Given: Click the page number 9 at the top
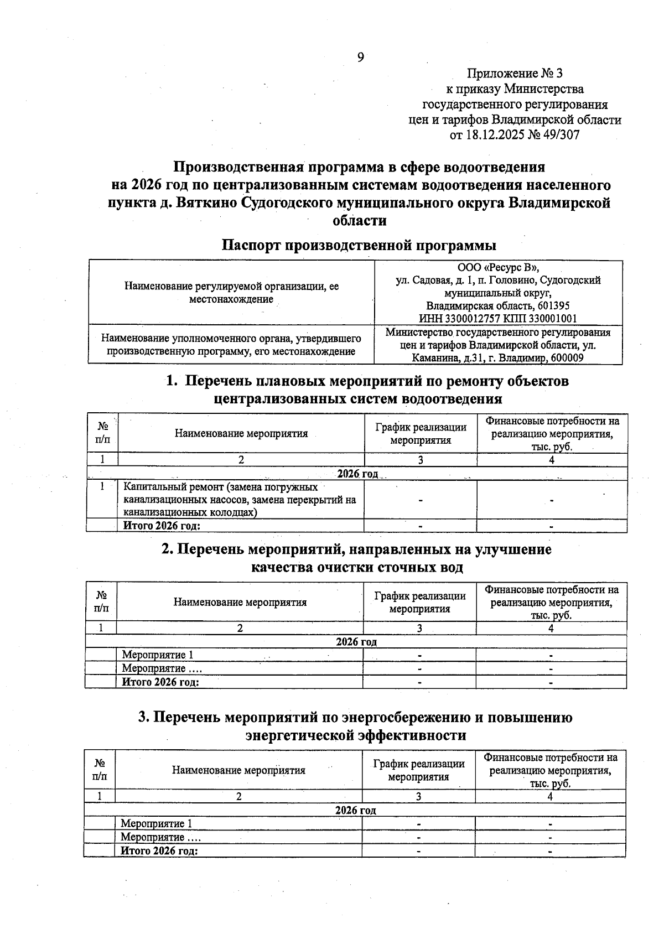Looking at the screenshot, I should [x=360, y=57].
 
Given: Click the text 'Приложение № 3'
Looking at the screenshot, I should [x=515, y=74].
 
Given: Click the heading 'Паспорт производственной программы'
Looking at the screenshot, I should [x=359, y=245].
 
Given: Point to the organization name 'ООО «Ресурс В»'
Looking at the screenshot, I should [x=497, y=268].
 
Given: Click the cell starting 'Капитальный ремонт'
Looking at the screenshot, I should [x=239, y=499].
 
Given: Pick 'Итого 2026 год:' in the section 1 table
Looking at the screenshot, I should [x=161, y=526].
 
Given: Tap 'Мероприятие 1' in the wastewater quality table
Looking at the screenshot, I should [x=158, y=655].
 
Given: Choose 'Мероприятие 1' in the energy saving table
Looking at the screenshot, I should [x=157, y=823].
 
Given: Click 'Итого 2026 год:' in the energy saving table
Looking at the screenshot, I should [x=159, y=850].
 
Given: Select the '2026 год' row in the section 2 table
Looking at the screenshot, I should [x=356, y=642].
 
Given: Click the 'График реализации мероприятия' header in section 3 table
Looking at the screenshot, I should [x=418, y=770].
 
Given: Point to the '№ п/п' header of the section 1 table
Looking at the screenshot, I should [x=102, y=433].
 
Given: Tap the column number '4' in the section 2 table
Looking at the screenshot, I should [x=551, y=628].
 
